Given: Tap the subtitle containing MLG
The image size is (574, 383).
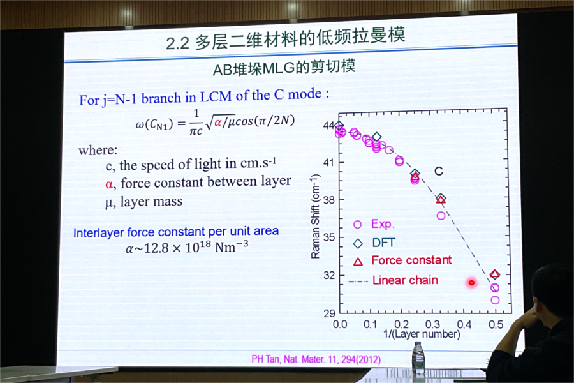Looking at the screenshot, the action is click(284, 68).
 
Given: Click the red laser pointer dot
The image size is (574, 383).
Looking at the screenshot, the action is click(471, 282).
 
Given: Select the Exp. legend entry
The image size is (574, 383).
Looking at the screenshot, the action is click(374, 224).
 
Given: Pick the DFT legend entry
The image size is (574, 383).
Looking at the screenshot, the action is click(374, 243).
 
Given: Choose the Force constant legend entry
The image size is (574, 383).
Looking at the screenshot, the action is click(402, 260).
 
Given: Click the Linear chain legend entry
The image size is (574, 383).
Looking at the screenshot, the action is click(394, 280).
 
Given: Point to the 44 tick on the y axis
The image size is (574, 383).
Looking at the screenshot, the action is click(328, 125).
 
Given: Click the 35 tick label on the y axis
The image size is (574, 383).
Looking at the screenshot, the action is click(328, 237).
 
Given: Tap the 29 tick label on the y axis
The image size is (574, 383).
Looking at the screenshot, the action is click(328, 313).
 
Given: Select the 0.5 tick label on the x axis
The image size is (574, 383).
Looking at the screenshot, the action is click(496, 324).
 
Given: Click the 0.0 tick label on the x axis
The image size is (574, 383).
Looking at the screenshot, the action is click(340, 324).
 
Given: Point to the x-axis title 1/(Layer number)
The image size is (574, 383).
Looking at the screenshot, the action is click(422, 334).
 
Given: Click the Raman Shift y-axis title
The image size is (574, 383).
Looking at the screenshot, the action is click(315, 216).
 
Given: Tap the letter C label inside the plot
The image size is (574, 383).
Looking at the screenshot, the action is click(439, 171).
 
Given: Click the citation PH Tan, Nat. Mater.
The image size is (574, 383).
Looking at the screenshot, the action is click(316, 359).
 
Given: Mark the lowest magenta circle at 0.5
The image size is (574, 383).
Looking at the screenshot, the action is click(495, 300).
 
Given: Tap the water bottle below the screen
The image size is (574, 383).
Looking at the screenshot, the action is click(418, 354).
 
